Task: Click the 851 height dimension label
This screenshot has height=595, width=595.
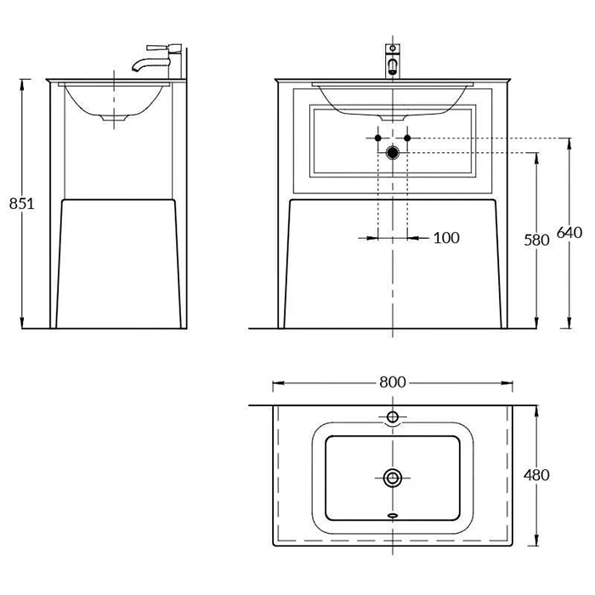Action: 21,204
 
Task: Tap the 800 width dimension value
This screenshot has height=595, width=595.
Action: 393,382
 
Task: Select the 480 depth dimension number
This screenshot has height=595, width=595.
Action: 536,474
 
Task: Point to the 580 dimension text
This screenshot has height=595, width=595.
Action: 536,240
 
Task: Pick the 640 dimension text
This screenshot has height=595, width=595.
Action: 569,232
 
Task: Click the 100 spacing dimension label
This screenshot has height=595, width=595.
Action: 446,238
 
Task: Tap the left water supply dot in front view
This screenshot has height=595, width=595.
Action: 378,138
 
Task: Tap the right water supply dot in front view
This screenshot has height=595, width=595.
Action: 407,138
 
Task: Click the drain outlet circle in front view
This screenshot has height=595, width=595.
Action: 393,152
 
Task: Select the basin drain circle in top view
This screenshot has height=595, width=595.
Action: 393,478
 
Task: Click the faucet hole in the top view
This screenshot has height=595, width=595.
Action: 393,417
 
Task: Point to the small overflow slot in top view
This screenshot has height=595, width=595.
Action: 393,515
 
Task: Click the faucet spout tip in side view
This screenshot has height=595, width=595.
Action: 134,69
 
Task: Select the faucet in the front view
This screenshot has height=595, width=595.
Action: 393,60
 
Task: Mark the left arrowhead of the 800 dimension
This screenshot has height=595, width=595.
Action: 278,382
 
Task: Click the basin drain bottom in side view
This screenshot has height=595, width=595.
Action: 114,118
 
